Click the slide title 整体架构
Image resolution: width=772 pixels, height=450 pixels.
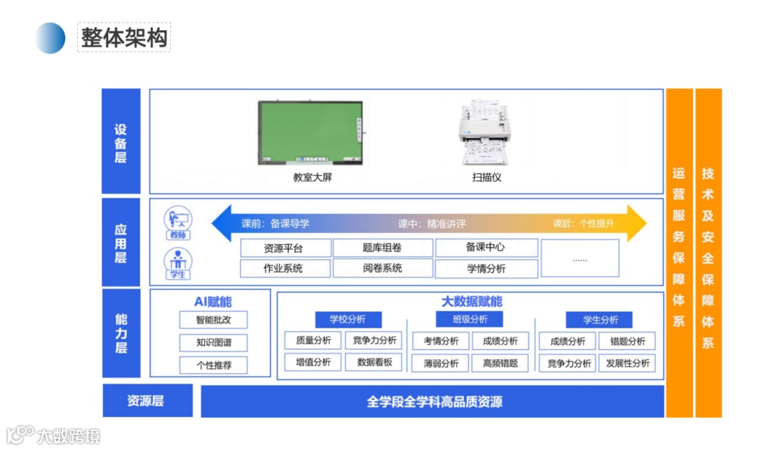124,37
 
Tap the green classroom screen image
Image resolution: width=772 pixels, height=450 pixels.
310,132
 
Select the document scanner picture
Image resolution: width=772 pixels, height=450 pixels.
486,134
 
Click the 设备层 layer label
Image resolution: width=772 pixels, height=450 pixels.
121,142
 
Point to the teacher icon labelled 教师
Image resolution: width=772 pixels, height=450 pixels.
177,222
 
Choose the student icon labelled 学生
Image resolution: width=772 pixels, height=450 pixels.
177,263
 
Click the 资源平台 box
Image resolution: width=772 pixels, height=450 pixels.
285,248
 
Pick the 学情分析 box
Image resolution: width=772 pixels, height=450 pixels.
486,269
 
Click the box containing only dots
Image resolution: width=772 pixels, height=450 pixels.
580,258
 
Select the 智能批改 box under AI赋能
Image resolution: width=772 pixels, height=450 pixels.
213,320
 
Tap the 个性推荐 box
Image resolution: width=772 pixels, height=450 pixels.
213,365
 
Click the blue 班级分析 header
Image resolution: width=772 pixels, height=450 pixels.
470,319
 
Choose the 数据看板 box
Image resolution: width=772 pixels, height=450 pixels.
374,362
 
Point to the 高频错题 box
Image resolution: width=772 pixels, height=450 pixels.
500,363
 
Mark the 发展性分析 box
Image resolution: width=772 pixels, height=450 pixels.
627,363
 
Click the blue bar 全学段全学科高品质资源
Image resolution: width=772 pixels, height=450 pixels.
433,401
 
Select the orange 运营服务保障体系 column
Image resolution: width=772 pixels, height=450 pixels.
679,250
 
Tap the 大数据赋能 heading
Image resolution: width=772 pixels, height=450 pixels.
471,301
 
